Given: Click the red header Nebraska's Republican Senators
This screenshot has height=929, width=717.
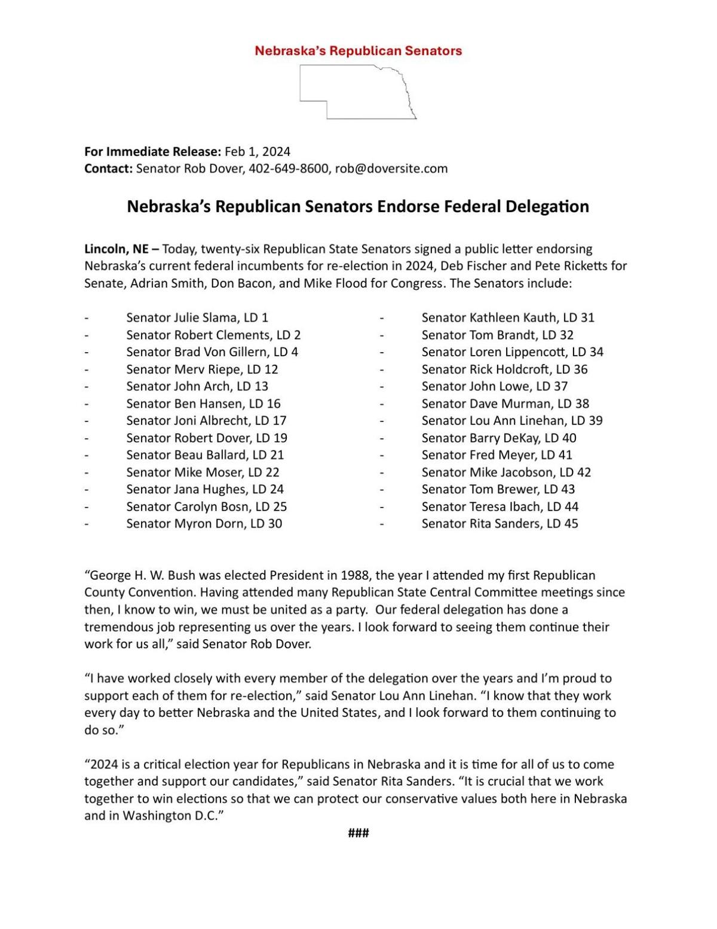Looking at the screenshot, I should point(358,51).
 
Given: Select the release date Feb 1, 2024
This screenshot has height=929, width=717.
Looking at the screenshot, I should point(257,151).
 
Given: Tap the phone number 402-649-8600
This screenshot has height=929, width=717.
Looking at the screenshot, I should point(289,169).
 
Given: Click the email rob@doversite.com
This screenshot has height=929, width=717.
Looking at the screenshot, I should point(391,169).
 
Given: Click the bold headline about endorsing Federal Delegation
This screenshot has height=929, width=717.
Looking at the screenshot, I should point(358,206).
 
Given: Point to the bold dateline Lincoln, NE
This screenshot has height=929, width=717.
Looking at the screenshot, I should point(116,249).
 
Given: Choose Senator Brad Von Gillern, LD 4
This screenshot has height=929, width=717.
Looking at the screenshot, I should point(212,352).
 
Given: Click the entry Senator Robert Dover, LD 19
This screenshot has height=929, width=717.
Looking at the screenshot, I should point(207,438).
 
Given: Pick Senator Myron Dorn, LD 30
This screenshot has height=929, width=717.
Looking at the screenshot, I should point(204,524).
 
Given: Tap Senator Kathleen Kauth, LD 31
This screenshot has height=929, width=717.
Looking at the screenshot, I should point(508,317).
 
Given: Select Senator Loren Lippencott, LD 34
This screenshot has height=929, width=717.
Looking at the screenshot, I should point(512,352).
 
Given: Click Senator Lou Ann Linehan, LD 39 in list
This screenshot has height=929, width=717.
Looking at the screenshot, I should point(512,420).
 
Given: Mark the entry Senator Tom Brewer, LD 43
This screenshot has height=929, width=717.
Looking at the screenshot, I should point(498,489).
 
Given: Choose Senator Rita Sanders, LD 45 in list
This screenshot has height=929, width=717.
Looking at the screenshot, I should point(500,524).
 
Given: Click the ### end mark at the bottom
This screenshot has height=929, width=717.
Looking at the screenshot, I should point(358,833).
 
